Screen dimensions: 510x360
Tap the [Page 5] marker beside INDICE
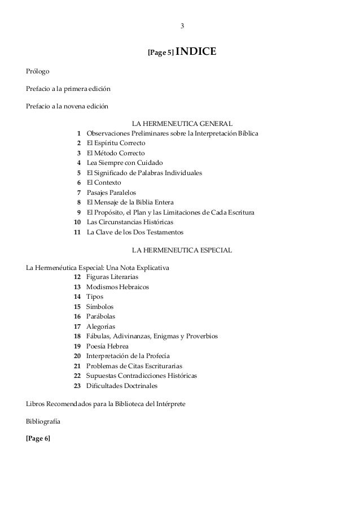160,54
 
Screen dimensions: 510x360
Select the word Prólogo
38,72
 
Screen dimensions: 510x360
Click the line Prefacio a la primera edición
68,89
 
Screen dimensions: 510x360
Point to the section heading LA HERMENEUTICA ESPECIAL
181,249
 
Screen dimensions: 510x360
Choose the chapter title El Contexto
103,183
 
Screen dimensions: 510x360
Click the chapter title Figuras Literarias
112,277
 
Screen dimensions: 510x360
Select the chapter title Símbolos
100,307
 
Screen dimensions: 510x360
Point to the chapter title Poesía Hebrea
107,346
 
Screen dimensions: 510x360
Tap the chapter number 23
77,386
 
